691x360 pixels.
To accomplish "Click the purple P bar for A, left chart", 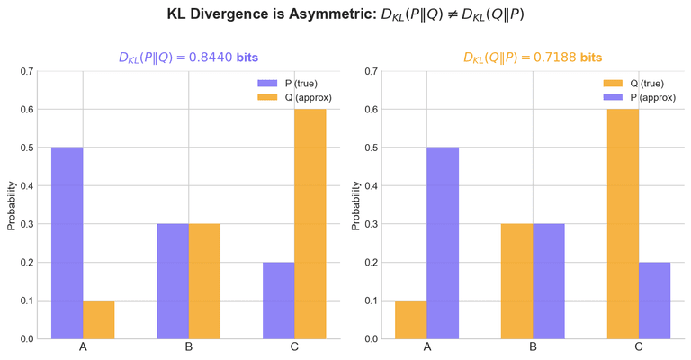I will [67, 243].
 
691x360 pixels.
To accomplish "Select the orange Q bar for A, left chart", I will [99, 319].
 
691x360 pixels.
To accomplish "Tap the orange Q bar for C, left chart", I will [310, 224].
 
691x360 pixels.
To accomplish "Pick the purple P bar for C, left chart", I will [279, 301].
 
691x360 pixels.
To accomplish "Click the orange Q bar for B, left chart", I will [204, 282].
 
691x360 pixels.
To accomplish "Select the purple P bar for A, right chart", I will [443, 243].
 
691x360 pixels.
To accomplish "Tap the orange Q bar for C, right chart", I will [623, 224].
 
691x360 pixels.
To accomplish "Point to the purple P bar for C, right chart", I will [654, 301].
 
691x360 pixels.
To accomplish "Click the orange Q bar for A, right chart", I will [411, 319].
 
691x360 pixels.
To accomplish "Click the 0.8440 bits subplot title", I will [188, 57].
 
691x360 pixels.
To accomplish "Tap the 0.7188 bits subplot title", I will [533, 57].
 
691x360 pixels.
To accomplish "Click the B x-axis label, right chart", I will [533, 347].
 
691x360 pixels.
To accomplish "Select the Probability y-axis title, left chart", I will [12, 205].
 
